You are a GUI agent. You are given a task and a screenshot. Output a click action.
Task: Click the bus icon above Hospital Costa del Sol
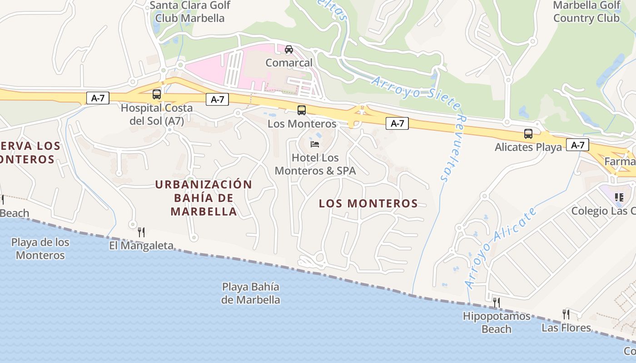tap(157, 94)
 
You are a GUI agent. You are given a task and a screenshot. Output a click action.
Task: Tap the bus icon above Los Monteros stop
tap(302, 110)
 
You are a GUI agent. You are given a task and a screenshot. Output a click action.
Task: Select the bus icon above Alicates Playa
tap(528, 134)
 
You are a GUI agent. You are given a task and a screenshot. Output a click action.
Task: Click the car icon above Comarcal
tap(289, 49)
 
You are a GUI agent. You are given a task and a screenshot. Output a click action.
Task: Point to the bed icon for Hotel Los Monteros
tap(315, 144)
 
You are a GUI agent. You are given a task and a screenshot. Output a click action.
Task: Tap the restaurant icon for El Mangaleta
tap(141, 232)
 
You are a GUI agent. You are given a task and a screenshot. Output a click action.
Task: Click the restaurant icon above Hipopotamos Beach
tap(497, 302)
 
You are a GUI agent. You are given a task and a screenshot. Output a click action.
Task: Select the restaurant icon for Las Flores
tap(566, 314)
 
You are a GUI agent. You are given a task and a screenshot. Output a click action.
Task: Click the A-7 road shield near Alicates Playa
tap(577, 145)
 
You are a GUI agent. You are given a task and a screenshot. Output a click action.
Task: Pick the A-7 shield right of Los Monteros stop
tap(397, 123)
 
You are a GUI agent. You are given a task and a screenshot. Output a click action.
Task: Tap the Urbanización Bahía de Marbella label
tap(204, 198)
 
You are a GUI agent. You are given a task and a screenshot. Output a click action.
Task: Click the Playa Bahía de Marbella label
tap(250, 293)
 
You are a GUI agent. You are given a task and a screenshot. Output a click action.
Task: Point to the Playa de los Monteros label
tap(40, 249)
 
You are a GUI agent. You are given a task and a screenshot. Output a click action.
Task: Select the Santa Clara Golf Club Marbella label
tap(190, 12)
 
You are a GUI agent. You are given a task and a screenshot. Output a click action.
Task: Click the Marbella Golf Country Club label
tap(586, 12)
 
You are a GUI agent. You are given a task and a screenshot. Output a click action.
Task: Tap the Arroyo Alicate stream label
tap(501, 247)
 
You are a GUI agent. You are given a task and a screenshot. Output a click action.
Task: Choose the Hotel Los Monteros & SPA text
tap(315, 164)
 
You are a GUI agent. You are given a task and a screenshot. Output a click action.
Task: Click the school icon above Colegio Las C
tap(619, 197)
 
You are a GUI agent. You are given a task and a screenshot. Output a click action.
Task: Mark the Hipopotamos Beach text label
tap(497, 322)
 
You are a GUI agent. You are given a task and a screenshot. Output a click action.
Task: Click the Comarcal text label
tap(289, 63)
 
